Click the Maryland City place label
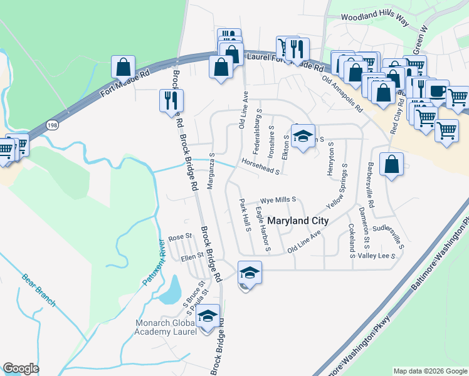298,221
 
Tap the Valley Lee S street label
377,256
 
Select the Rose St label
179,238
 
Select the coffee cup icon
436,91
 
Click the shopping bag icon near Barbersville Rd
391,164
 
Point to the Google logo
21,368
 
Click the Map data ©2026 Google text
429,371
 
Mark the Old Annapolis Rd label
342,94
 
